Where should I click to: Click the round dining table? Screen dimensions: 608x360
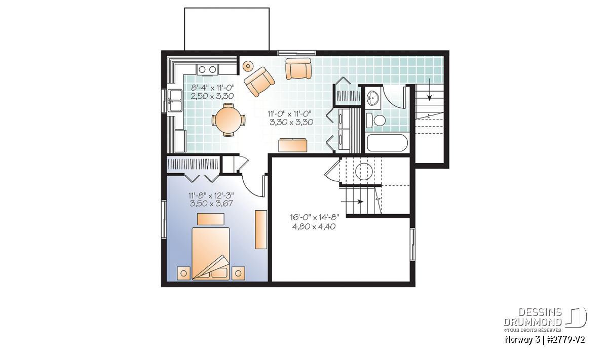click(230, 119)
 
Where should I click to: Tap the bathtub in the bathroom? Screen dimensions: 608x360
click(387, 143)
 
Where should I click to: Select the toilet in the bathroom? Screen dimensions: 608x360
click(375, 121)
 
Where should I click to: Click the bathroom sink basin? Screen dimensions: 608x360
click(373, 98)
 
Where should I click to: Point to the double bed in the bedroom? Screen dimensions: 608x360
click(211, 253)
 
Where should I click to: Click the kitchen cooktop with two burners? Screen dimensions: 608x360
click(207, 69)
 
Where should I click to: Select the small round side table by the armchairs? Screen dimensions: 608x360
click(248, 66)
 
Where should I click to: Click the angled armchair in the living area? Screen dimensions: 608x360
click(259, 82)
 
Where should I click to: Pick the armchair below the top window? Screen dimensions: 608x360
click(298, 68)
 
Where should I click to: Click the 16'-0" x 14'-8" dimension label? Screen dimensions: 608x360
click(315, 217)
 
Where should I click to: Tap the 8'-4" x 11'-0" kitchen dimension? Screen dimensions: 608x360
click(212, 88)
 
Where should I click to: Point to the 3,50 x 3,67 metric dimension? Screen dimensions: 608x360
click(211, 204)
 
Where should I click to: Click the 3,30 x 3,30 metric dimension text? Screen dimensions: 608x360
click(291, 122)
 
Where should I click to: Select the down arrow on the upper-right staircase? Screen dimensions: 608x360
click(430, 90)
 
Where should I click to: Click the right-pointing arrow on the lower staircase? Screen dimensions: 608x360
click(352, 202)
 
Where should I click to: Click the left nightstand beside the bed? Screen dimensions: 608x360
click(184, 273)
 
